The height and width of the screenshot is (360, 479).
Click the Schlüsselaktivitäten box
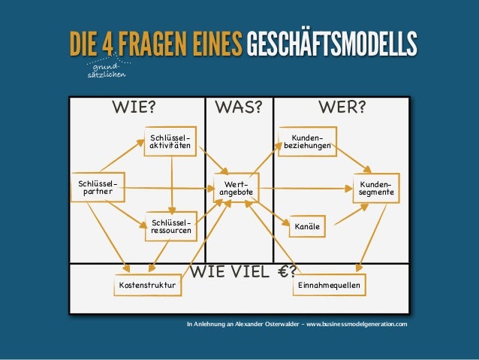170,141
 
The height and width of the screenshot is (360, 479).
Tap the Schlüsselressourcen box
170,226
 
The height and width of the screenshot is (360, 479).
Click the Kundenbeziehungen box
306,141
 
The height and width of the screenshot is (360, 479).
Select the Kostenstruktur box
148,286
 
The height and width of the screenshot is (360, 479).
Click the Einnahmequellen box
329,286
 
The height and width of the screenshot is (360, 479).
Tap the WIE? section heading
134,107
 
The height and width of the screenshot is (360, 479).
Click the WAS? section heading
239,107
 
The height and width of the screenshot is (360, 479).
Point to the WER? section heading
342,107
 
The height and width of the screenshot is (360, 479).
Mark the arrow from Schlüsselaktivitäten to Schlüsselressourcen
172,183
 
